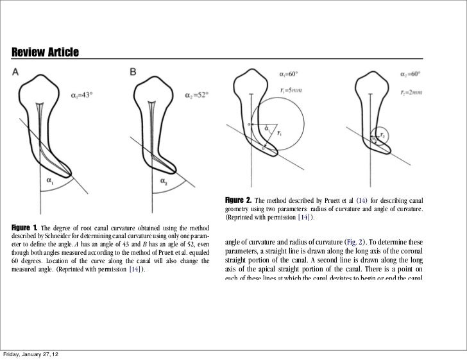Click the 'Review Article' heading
click(x=44, y=51)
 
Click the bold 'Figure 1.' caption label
click(x=25, y=228)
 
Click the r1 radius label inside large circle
click(x=279, y=133)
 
